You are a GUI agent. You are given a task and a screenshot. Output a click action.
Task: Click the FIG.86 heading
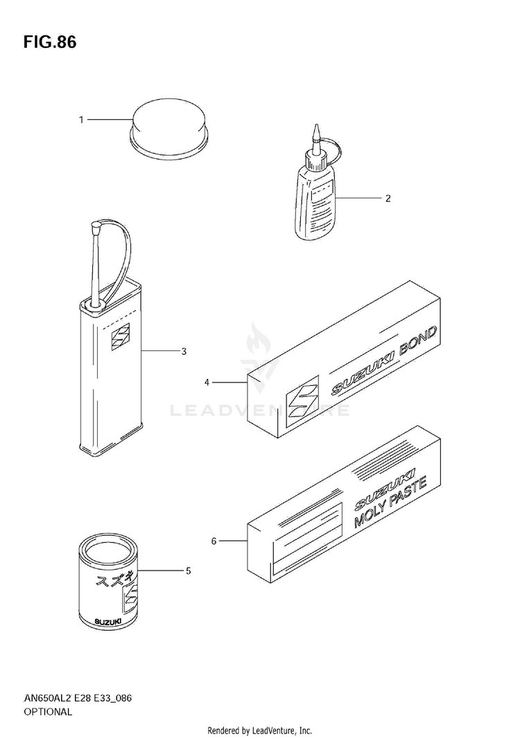point(49,42)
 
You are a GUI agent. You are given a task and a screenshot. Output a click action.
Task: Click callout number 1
point(81,120)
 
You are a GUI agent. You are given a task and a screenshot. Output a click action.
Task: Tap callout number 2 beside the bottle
point(388,198)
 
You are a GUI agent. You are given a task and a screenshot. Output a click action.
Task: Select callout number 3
point(184,351)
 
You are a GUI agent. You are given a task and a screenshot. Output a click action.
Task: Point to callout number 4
point(207,382)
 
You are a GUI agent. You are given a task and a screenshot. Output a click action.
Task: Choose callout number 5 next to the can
point(188,570)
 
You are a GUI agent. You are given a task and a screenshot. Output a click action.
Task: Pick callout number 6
point(214,540)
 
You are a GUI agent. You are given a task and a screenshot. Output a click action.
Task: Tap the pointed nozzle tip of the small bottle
point(315,130)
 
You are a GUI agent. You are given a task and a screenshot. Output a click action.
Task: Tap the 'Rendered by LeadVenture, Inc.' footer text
point(260,730)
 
